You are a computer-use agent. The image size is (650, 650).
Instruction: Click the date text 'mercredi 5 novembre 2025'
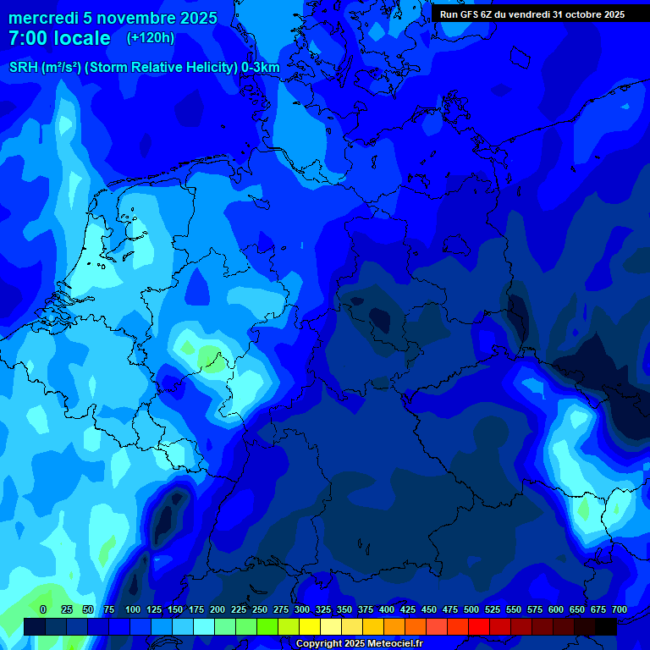113,18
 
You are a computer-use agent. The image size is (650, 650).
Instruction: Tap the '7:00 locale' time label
59,38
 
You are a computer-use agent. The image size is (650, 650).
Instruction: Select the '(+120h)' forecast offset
151,38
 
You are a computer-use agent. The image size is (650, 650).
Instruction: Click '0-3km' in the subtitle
261,68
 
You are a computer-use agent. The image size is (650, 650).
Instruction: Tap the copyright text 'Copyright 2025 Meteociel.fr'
359,644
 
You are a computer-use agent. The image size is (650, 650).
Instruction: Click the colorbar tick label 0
43,609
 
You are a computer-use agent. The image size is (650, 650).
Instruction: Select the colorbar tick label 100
133,609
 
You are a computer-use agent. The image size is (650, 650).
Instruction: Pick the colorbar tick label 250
260,609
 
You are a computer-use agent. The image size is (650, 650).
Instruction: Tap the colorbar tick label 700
619,609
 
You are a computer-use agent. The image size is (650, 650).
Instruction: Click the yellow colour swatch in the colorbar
310,626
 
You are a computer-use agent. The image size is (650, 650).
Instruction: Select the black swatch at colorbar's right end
606,626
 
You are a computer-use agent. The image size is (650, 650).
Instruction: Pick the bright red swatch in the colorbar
479,626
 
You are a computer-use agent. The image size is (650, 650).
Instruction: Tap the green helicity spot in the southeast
584,509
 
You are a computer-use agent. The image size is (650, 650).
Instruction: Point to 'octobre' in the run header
576,14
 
